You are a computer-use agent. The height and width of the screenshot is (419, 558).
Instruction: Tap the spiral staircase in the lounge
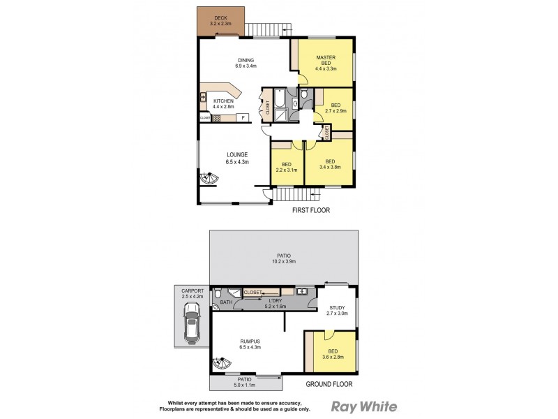(x=209, y=179)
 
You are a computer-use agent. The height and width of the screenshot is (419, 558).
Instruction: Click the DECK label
(x=221, y=17)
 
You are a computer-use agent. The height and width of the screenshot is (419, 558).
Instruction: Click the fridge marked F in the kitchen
(x=242, y=117)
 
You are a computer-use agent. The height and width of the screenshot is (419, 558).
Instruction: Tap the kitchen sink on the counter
(x=203, y=97)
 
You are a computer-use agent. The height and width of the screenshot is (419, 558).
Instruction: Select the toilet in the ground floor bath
(x=218, y=295)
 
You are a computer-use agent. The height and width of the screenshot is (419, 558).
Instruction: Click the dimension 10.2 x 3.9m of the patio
(x=284, y=263)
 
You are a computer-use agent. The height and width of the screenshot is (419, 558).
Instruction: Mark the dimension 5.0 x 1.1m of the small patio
(x=243, y=383)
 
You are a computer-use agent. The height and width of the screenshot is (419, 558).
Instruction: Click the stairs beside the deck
(x=268, y=28)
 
